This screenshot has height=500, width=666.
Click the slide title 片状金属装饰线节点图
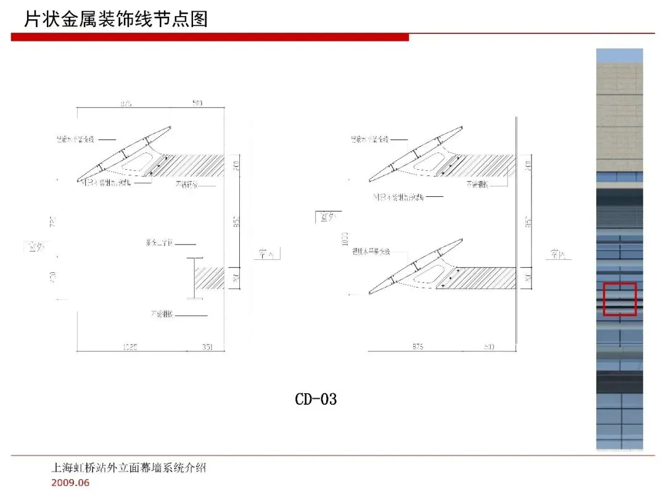click(x=116, y=19)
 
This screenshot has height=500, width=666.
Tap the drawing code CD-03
click(x=316, y=399)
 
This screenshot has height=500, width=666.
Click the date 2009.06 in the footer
click(x=70, y=483)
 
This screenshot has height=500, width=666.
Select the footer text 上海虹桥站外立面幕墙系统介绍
click(x=128, y=468)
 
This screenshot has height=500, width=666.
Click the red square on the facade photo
click(x=620, y=299)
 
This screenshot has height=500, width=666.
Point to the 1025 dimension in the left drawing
click(x=130, y=348)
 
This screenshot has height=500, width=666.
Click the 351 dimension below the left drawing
click(x=207, y=348)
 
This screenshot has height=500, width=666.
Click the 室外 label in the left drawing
click(x=35, y=247)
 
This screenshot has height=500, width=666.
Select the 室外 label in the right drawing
click(x=326, y=217)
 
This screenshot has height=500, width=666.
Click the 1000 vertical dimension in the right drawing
click(x=345, y=239)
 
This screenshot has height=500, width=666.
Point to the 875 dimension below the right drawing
click(x=417, y=348)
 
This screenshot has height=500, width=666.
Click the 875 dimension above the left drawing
click(x=125, y=103)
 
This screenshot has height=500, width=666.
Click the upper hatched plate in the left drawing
click(x=191, y=165)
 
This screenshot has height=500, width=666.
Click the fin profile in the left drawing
click(x=123, y=154)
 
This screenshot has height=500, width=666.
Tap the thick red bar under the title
click(x=210, y=38)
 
